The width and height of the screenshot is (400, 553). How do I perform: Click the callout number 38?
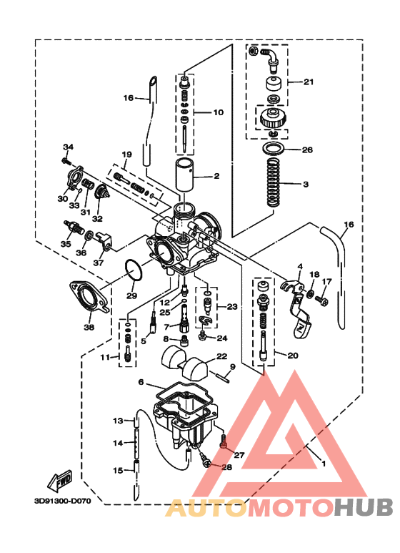88,328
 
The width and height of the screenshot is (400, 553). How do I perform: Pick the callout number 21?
309,82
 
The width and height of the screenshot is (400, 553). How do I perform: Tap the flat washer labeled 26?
274,150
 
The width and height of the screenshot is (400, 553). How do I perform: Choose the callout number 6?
141,382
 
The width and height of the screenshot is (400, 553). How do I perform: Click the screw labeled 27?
223,444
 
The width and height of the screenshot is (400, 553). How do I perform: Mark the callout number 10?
219,112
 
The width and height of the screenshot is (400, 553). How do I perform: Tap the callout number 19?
126,155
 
